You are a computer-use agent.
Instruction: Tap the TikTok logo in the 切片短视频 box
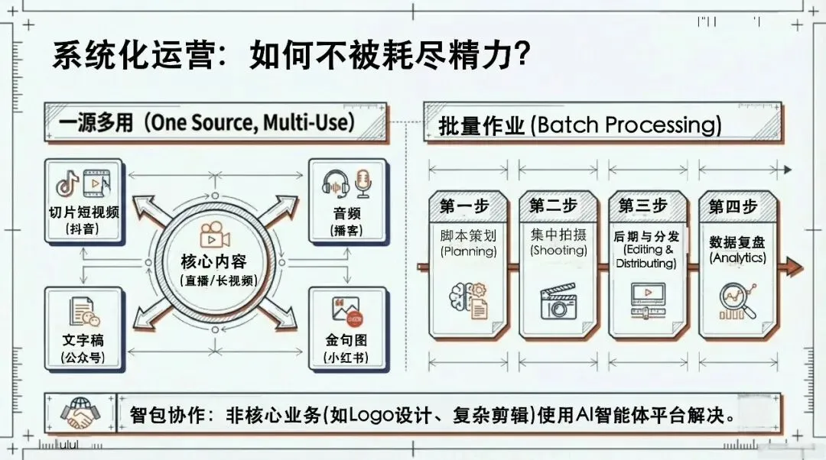point(67,184)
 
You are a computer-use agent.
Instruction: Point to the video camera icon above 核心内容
point(215,234)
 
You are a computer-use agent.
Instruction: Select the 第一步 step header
point(468,206)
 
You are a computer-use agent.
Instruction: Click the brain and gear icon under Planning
point(468,300)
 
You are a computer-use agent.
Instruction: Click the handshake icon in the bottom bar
point(81,413)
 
